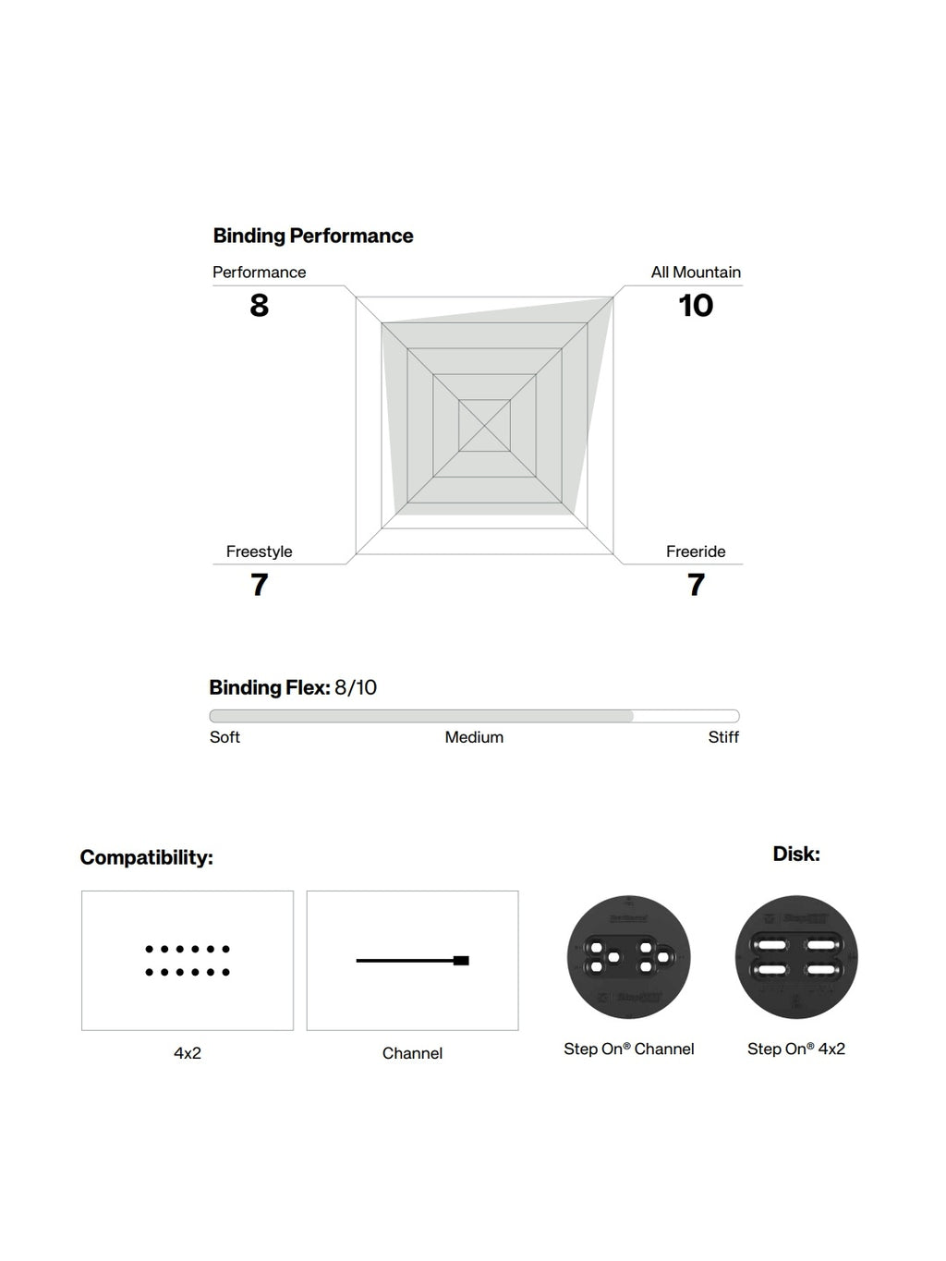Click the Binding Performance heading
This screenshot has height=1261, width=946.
coord(313,236)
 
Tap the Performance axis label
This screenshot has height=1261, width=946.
coord(259,273)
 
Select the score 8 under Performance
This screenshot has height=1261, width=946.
coord(259,305)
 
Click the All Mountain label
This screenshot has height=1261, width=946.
coord(696,273)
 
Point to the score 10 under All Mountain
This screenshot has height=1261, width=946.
coord(696,305)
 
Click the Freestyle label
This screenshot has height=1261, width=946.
coord(259,552)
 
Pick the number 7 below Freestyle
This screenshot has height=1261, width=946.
coord(259,585)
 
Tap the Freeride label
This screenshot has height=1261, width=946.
coord(696,552)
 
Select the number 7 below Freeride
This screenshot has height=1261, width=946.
coord(696,585)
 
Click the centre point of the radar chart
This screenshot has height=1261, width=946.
coord(484,426)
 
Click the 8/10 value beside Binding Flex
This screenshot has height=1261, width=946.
coord(356,687)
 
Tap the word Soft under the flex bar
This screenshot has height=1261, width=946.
coord(224,737)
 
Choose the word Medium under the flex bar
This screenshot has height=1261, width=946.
coord(474,737)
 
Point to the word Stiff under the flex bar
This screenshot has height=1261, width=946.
coord(723,737)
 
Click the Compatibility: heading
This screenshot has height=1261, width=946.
coord(147,857)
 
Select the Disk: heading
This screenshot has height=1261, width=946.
coord(796,854)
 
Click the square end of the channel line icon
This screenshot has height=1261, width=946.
coord(461,961)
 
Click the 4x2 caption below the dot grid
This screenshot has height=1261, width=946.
coord(188,1053)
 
